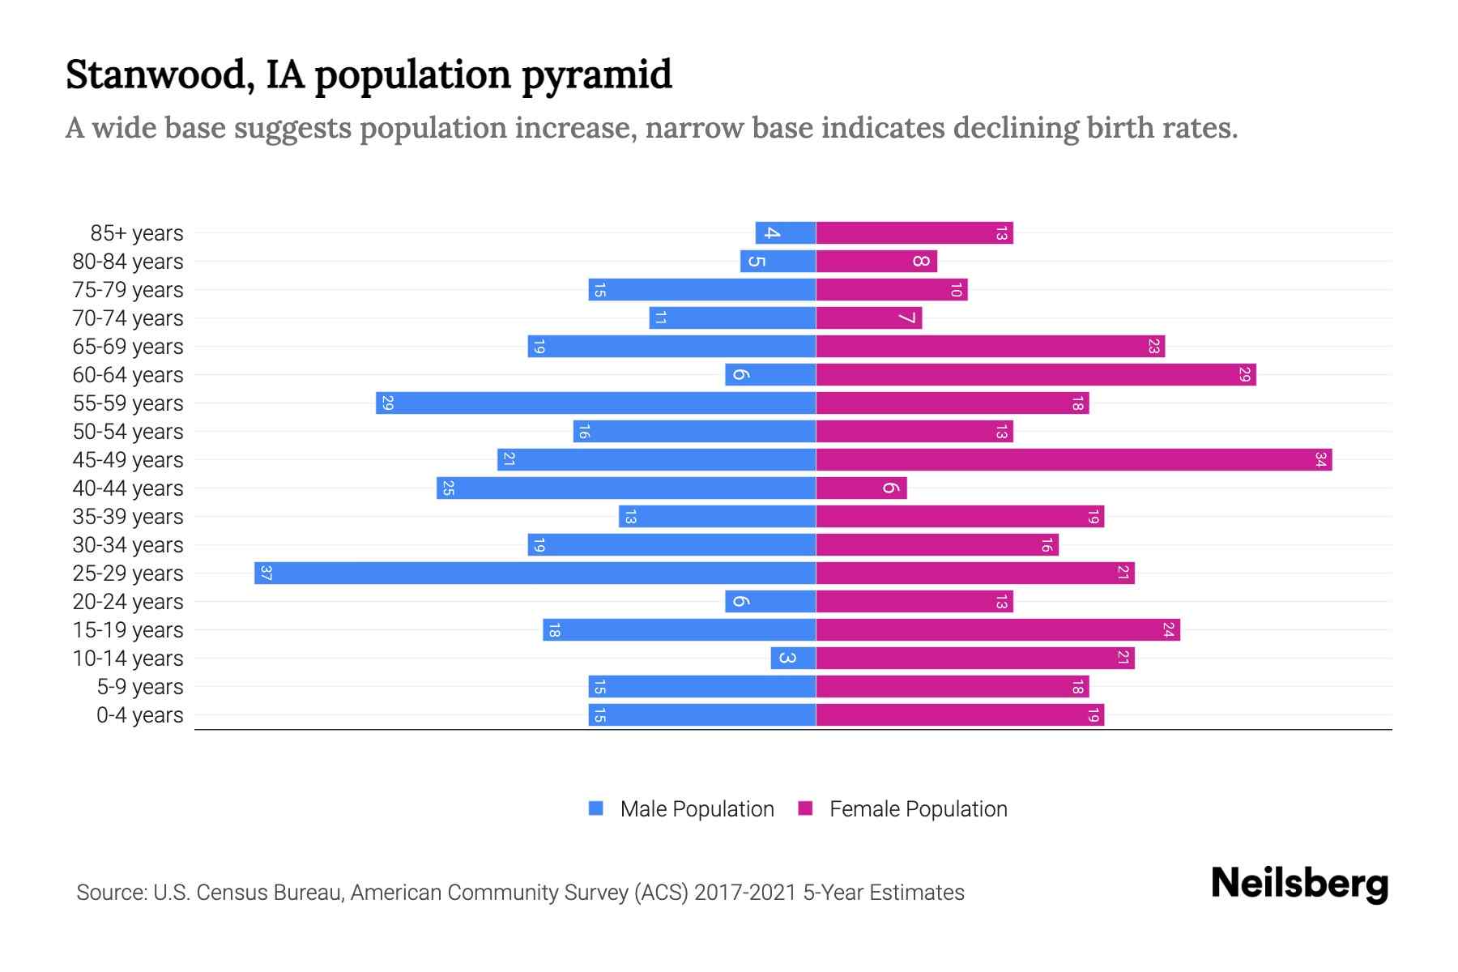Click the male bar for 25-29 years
535,573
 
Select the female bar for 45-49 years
1073,460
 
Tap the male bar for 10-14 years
793,659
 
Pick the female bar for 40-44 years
861,488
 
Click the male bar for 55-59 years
595,403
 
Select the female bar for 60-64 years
1035,375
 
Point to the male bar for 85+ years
785,233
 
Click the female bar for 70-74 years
868,318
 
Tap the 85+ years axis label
136,233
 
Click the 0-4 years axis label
139,715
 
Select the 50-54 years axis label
128,432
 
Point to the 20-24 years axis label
128,602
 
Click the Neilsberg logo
1299,884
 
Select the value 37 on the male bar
266,573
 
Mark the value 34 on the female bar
1320,460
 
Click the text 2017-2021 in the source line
745,893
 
